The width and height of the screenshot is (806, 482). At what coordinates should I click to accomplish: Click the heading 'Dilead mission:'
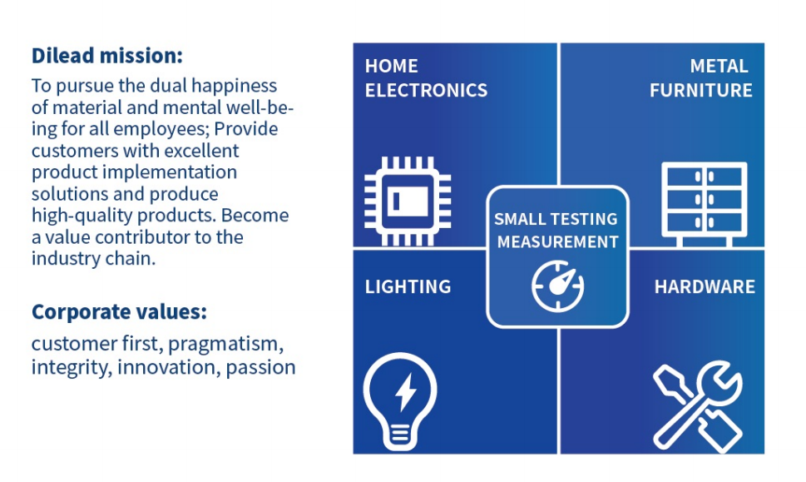click(x=107, y=56)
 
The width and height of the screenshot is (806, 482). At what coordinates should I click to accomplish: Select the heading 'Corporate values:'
click(x=119, y=312)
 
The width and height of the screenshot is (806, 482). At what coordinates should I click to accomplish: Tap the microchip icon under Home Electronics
click(x=408, y=201)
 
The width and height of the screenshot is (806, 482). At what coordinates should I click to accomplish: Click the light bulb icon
click(x=400, y=401)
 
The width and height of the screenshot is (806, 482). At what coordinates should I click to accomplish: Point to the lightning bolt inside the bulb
click(x=406, y=392)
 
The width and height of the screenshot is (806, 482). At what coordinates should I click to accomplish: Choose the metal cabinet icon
click(x=705, y=204)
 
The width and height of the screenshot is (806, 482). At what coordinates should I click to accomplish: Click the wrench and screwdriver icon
click(x=698, y=407)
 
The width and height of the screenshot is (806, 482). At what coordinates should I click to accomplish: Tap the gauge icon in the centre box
click(x=558, y=286)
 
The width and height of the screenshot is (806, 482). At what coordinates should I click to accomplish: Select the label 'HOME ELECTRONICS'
click(x=426, y=78)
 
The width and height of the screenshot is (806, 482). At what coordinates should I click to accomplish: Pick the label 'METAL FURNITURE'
click(x=701, y=78)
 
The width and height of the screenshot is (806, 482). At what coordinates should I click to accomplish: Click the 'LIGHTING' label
click(x=408, y=286)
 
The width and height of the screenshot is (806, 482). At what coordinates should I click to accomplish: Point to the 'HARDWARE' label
click(x=705, y=286)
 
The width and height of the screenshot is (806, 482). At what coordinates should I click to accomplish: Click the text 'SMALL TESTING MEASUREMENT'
click(x=556, y=230)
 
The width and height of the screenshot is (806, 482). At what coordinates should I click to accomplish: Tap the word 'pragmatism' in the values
click(x=225, y=344)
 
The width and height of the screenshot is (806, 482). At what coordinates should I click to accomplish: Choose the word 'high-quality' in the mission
click(x=82, y=216)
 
